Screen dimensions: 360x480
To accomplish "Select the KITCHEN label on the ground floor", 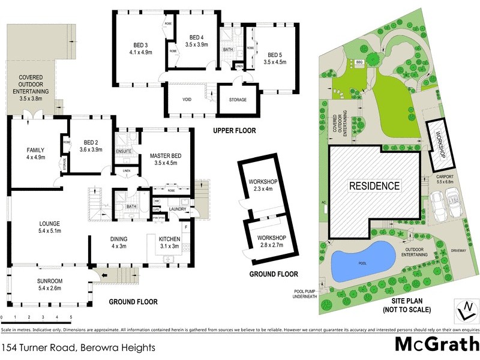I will [x=170, y=241].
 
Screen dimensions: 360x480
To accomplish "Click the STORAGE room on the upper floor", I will [x=238, y=100].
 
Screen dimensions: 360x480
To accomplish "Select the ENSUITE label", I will [x=124, y=151].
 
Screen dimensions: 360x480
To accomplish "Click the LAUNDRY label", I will [x=177, y=209].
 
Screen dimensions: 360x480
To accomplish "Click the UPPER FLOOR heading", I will [x=234, y=130].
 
